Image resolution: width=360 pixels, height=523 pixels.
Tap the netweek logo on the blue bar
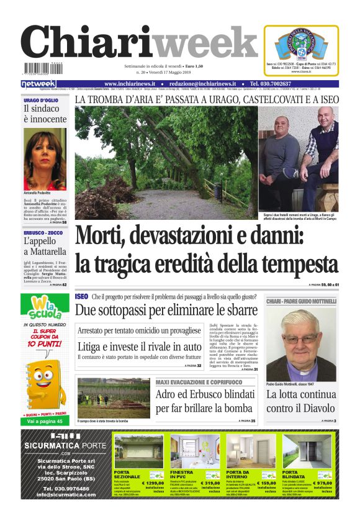38,84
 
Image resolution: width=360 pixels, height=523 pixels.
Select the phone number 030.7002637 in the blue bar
279,84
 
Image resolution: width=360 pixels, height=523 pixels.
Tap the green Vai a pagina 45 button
45,421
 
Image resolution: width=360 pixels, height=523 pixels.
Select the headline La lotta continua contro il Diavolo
301,401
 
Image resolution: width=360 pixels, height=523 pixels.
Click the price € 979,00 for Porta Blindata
321,483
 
